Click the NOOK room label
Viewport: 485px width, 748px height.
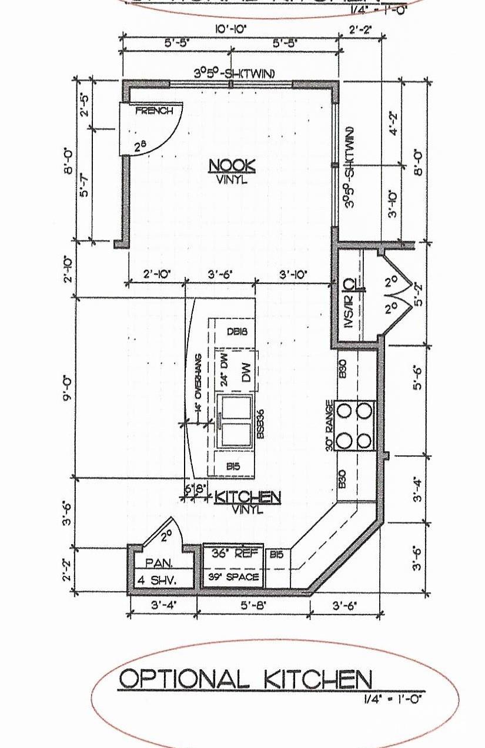click(232, 166)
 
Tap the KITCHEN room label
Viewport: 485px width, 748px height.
click(247, 498)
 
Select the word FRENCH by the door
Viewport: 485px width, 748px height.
click(154, 111)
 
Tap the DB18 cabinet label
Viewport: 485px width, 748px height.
click(237, 331)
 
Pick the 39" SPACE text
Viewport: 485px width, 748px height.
click(233, 577)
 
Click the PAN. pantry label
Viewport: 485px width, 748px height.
click(159, 562)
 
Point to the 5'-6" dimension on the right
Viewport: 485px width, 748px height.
click(417, 377)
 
